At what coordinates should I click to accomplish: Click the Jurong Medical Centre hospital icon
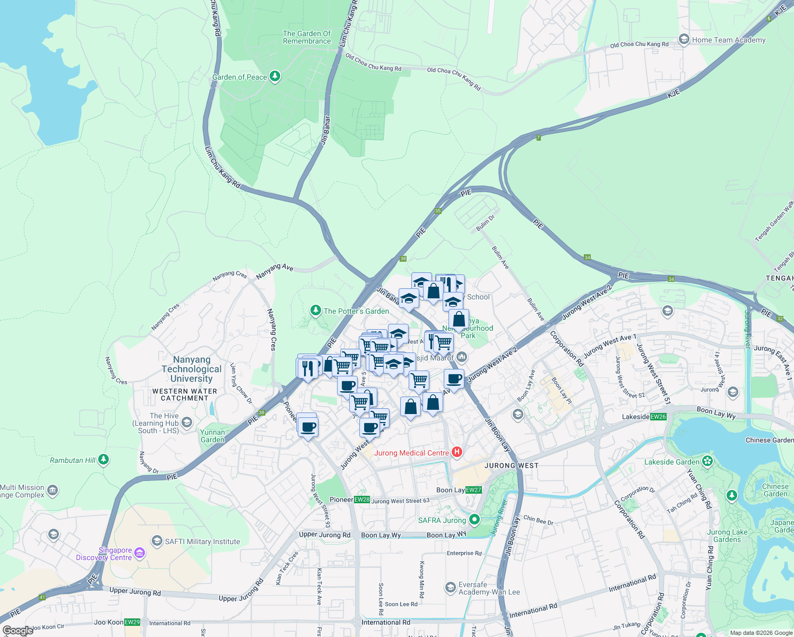pos(456,453)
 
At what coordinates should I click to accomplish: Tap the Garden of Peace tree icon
pos(274,77)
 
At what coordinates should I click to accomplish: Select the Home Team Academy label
pos(728,40)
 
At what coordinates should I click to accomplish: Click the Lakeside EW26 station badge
pos(658,417)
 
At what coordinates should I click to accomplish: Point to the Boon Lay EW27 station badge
pos(473,490)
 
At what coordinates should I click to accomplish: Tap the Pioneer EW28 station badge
pos(362,500)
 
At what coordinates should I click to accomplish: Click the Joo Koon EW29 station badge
pos(132,622)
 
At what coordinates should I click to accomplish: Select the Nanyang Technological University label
pos(192,369)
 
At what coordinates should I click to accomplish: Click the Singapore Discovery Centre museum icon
pos(139,554)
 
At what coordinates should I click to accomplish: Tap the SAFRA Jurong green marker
pos(474,520)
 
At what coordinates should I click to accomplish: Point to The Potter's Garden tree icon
pos(316,310)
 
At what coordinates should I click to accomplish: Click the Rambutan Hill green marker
pos(103,460)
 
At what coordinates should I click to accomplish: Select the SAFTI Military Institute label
pos(202,541)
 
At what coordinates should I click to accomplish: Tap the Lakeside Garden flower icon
pos(707,461)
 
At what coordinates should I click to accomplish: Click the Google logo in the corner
pos(18,631)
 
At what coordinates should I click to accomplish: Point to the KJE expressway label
pos(673,94)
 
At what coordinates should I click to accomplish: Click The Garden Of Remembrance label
pos(306,37)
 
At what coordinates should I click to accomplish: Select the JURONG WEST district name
pos(511,466)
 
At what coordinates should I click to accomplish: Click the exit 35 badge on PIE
pos(438,211)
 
